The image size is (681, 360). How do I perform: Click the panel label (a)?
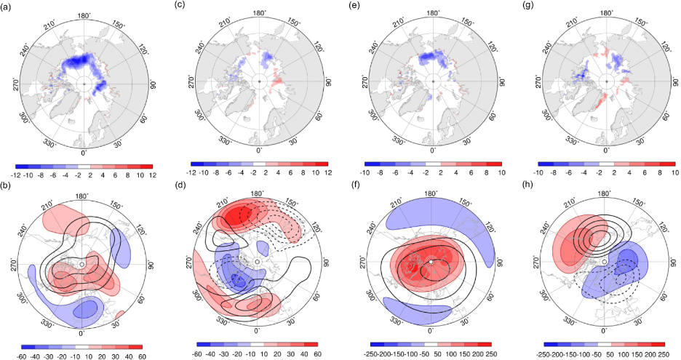(6, 7)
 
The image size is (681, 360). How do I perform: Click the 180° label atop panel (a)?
(84, 15)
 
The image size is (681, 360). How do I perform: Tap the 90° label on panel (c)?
(328, 81)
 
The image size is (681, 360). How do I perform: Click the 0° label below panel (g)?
(606, 151)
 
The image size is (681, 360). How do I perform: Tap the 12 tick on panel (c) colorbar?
(327, 172)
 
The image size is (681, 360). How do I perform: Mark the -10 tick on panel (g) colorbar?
(538, 172)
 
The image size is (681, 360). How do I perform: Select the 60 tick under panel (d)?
(317, 354)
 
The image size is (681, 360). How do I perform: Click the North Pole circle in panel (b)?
(81, 264)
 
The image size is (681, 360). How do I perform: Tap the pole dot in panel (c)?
(259, 81)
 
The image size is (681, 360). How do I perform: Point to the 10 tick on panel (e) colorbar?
(501, 172)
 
